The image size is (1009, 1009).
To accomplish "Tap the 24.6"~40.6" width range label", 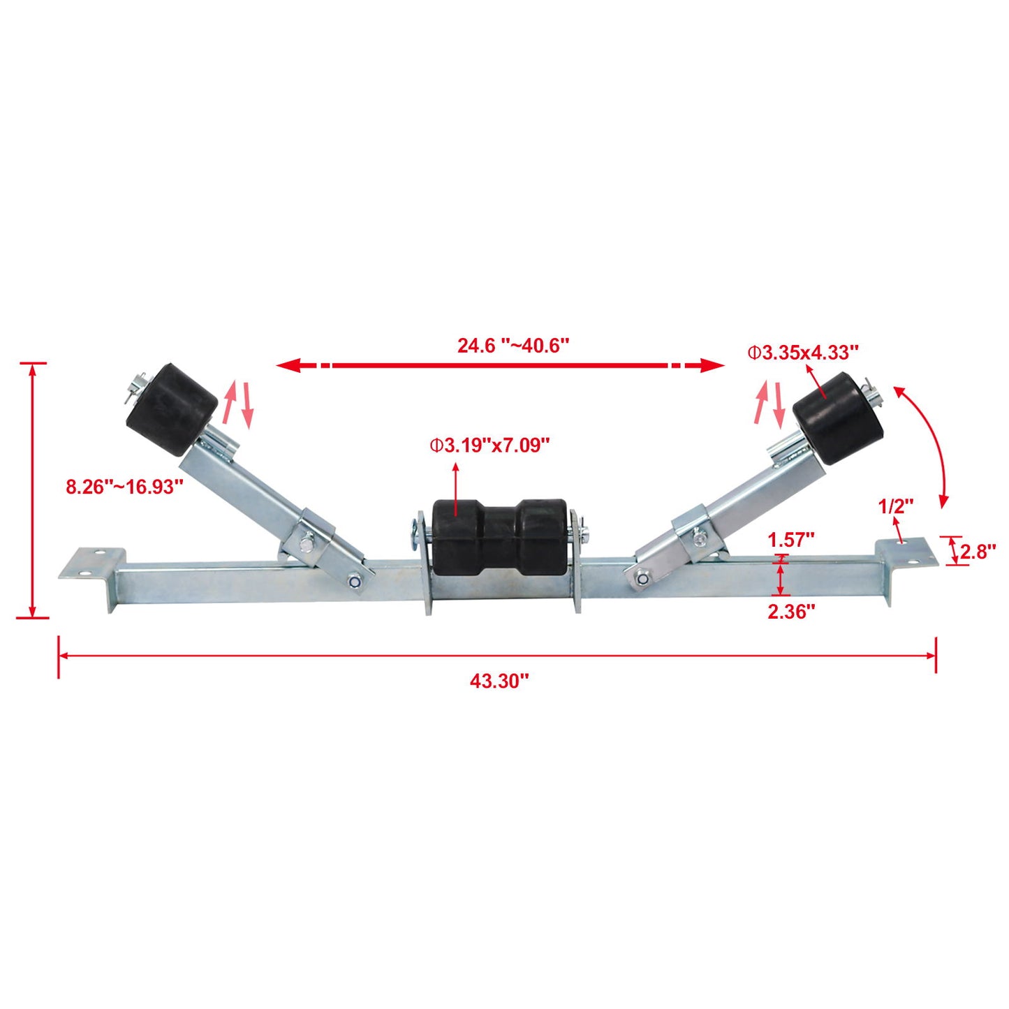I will pyautogui.click(x=513, y=346).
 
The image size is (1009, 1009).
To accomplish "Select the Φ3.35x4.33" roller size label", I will pyautogui.click(x=802, y=353).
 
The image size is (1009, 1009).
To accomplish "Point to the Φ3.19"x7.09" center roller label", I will pyautogui.click(x=489, y=445).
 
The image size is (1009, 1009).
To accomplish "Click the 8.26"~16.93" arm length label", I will pyautogui.click(x=124, y=487).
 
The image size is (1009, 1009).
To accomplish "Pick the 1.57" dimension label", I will pyautogui.click(x=791, y=540).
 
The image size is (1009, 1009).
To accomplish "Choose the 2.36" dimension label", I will pyautogui.click(x=791, y=612).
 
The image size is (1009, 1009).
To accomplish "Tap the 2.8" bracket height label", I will pyautogui.click(x=978, y=552).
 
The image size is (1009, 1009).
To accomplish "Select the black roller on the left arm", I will pyautogui.click(x=172, y=409).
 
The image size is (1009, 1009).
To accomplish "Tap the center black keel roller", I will pyautogui.click(x=499, y=536).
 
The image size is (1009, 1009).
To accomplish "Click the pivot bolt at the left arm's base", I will pyautogui.click(x=354, y=580).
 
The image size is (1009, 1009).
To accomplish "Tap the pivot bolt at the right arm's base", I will pyautogui.click(x=640, y=577).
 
